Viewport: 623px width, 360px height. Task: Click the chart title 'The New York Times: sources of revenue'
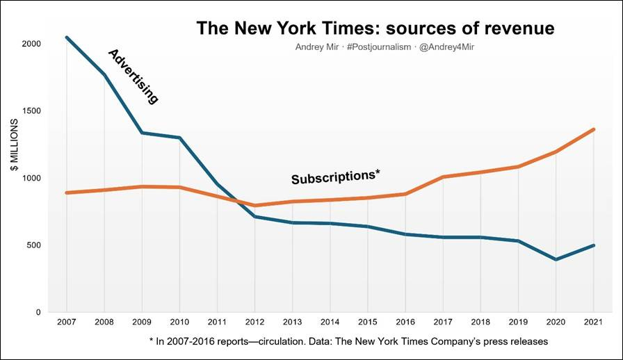click(375, 28)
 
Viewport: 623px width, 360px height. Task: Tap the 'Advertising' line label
click(133, 76)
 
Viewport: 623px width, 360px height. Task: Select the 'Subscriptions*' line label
click(336, 177)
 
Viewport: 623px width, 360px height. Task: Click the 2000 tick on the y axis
click(31, 44)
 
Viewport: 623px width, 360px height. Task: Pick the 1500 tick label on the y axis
click(31, 111)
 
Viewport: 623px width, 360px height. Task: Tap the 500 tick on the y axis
click(33, 245)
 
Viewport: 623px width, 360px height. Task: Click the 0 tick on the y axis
click(38, 312)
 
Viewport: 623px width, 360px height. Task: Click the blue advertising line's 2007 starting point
click(66, 38)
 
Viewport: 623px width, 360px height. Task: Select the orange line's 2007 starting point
click(66, 193)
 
